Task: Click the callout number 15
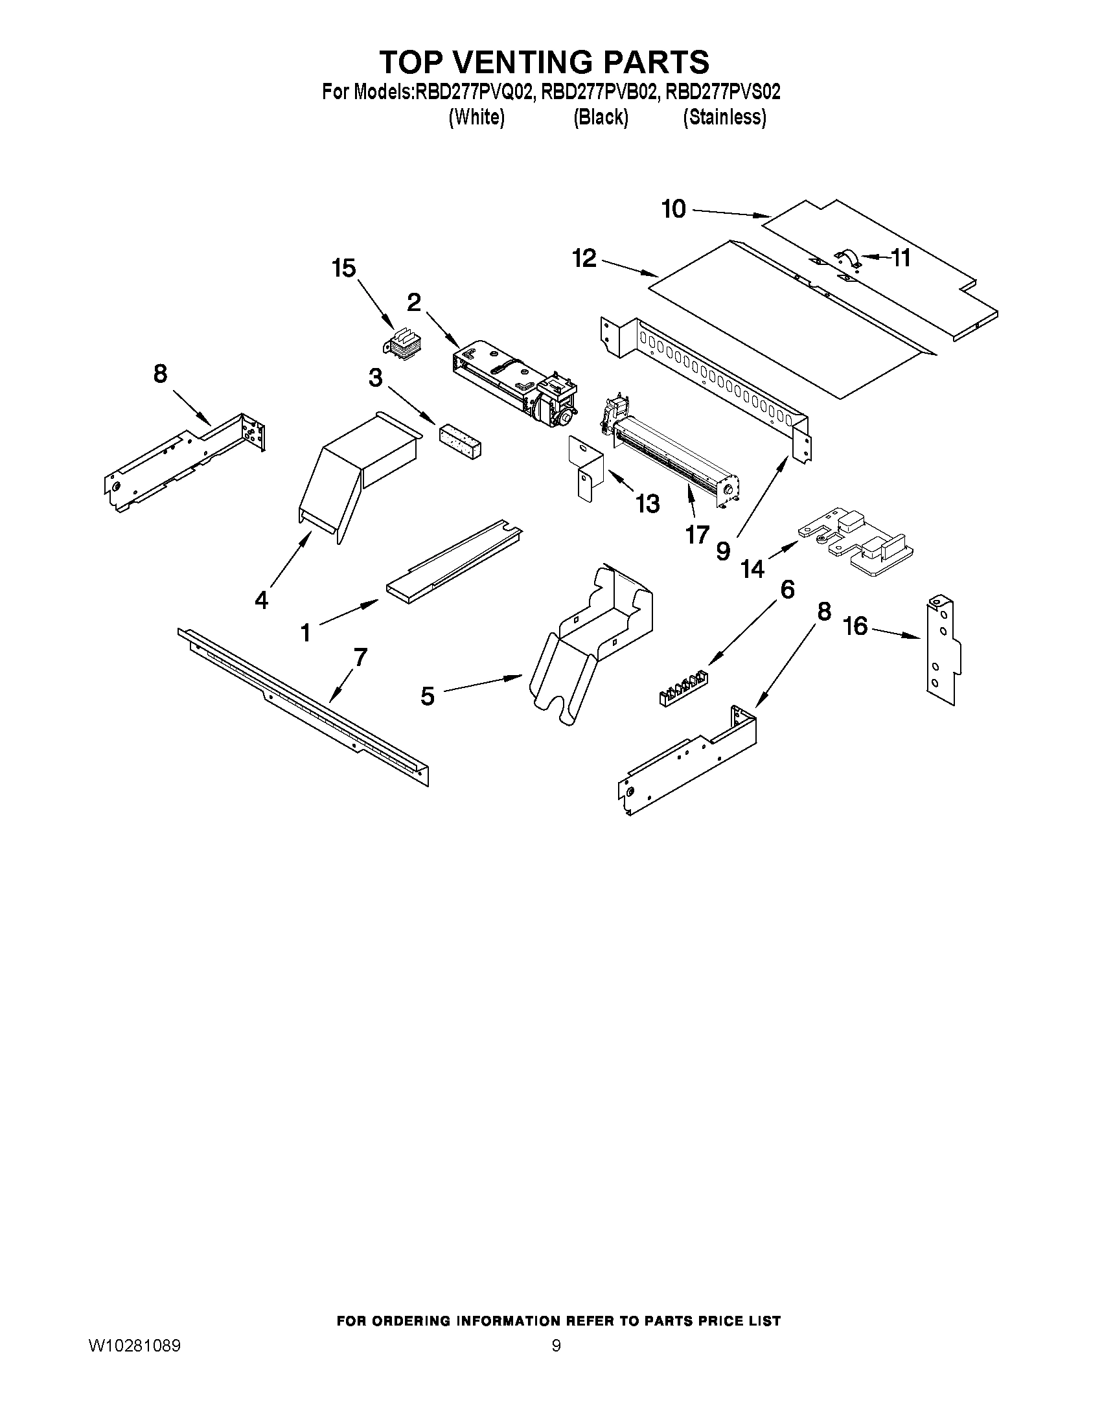[x=344, y=268]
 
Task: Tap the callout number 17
[x=697, y=535]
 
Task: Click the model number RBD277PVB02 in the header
[x=599, y=92]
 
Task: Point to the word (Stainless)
[x=724, y=117]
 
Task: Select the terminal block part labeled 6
[x=683, y=689]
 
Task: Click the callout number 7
[x=360, y=657]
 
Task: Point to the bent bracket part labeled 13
[x=585, y=468]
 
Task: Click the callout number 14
[x=752, y=569]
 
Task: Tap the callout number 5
[x=427, y=696]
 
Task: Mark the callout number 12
[x=584, y=259]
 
